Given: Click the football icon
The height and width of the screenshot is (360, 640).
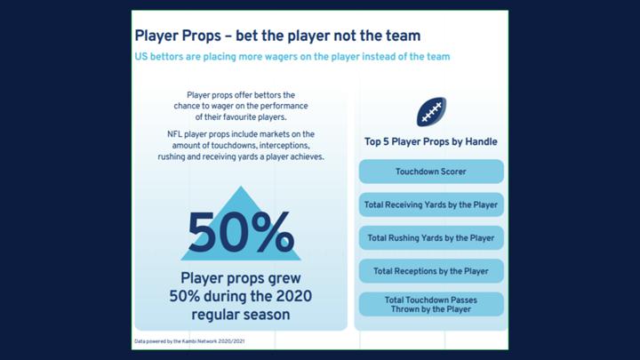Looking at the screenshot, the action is pyautogui.click(x=431, y=111).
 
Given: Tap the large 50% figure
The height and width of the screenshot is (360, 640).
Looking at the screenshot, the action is pyautogui.click(x=241, y=232).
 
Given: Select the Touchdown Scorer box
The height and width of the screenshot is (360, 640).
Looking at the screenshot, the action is pyautogui.click(x=431, y=172).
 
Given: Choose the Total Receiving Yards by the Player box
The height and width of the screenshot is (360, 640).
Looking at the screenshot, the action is pyautogui.click(x=431, y=204).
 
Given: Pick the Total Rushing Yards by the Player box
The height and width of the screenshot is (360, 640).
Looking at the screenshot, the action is pyautogui.click(x=431, y=237).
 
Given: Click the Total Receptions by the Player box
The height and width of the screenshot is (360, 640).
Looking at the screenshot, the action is pyautogui.click(x=431, y=271).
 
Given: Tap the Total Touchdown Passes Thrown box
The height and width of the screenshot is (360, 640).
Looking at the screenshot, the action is pyautogui.click(x=431, y=304).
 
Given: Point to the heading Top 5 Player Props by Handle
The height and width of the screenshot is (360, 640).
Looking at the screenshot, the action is pyautogui.click(x=430, y=141).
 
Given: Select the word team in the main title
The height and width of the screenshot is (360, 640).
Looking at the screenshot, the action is pyautogui.click(x=403, y=36).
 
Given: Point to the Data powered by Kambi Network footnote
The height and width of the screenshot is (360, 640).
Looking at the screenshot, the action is pyautogui.click(x=189, y=341).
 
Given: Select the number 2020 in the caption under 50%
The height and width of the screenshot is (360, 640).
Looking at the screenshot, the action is pyautogui.click(x=294, y=296).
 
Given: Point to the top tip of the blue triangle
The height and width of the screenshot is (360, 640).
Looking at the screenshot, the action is pyautogui.click(x=241, y=187).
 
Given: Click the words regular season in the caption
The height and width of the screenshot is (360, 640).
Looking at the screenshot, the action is pyautogui.click(x=241, y=315).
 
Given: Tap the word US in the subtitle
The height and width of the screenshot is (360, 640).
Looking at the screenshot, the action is pyautogui.click(x=140, y=57).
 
